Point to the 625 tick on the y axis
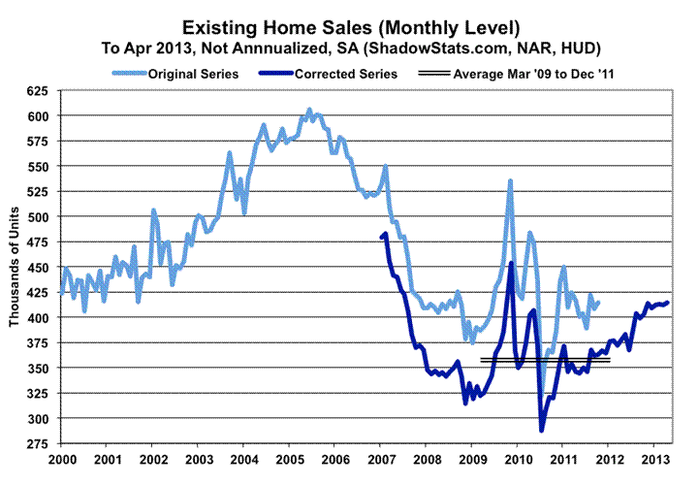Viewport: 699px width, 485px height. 40,91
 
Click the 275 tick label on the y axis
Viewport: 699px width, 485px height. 40,444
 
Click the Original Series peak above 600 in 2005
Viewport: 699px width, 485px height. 309,110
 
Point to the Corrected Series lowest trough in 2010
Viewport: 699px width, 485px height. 542,430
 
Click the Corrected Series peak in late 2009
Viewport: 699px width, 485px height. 511,264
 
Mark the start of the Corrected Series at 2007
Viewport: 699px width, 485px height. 381,237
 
